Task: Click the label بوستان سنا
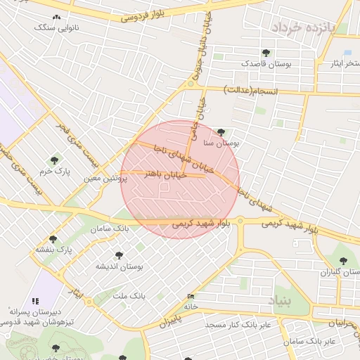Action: coord(222,142)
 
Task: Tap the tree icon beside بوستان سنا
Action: coord(221,131)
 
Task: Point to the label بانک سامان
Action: coord(112,229)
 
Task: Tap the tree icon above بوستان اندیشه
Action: coord(118,255)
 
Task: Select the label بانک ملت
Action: coord(113,296)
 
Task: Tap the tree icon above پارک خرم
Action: coord(55,160)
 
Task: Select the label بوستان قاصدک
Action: coord(266,63)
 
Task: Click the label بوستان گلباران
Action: coord(340,272)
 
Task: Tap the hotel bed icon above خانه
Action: coord(189,297)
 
